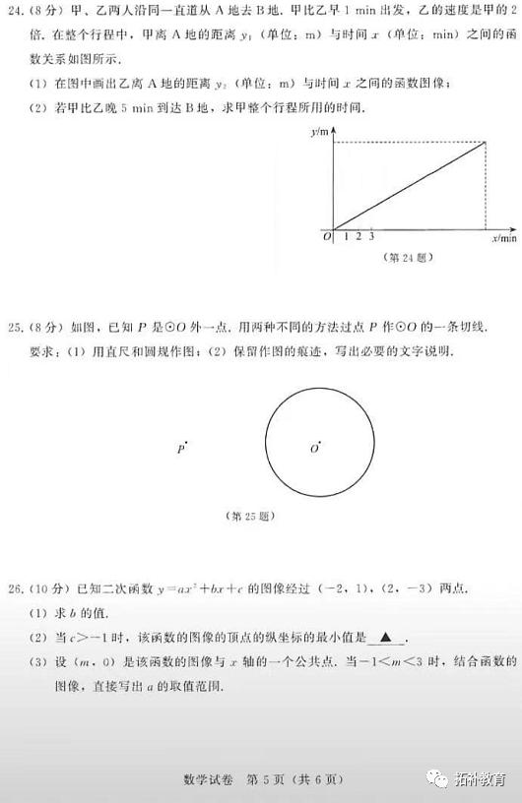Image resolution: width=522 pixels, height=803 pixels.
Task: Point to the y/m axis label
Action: (x=318, y=131)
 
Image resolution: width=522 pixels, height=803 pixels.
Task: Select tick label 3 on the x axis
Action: (x=371, y=237)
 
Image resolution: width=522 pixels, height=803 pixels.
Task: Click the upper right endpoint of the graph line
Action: (x=486, y=144)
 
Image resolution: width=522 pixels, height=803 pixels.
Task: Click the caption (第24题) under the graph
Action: (x=406, y=258)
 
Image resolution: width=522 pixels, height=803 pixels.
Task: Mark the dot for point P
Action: (x=186, y=444)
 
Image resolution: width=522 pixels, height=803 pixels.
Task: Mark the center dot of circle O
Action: (x=320, y=444)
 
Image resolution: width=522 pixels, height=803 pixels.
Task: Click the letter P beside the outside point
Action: (x=180, y=449)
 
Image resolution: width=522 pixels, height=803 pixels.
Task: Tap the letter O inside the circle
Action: (x=314, y=450)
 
